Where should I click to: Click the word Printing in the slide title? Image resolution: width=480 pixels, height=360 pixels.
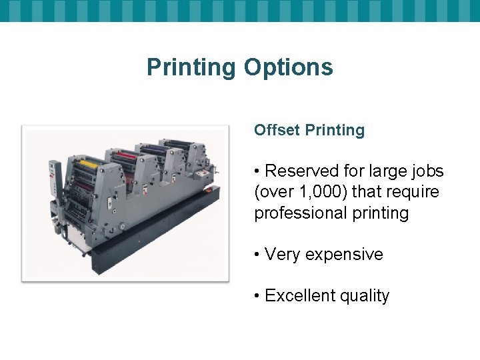[191, 67]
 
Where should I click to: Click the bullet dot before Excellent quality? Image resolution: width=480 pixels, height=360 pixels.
[257, 296]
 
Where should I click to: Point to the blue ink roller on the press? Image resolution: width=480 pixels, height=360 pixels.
[153, 149]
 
